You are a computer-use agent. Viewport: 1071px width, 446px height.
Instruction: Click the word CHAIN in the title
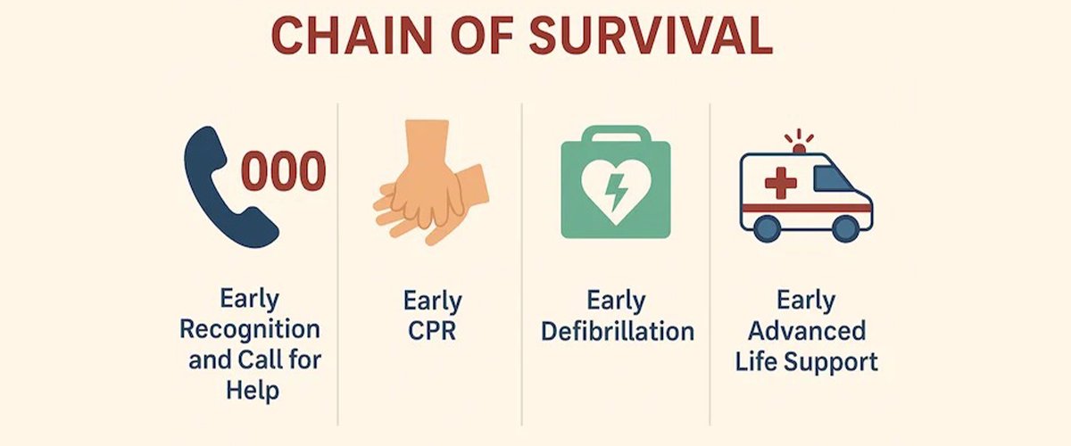point(352,37)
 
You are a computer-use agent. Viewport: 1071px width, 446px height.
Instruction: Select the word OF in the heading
point(481,37)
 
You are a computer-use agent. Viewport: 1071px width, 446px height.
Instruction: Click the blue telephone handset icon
point(225,187)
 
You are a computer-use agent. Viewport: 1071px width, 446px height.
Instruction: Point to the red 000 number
point(284,170)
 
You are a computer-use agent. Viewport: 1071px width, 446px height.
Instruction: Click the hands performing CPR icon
point(431,182)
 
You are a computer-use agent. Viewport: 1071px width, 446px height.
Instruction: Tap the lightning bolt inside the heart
point(616,192)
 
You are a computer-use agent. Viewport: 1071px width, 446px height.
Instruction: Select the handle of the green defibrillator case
point(616,135)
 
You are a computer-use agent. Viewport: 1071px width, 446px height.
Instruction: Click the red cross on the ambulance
point(781,183)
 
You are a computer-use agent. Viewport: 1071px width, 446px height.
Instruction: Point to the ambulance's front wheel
point(845,228)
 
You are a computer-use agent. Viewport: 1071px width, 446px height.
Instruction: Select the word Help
point(253,391)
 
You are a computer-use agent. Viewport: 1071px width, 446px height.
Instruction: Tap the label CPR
point(432,330)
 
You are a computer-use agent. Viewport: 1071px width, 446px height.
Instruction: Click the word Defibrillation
point(618,330)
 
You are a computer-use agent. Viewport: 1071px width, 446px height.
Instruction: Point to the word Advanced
point(807,330)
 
